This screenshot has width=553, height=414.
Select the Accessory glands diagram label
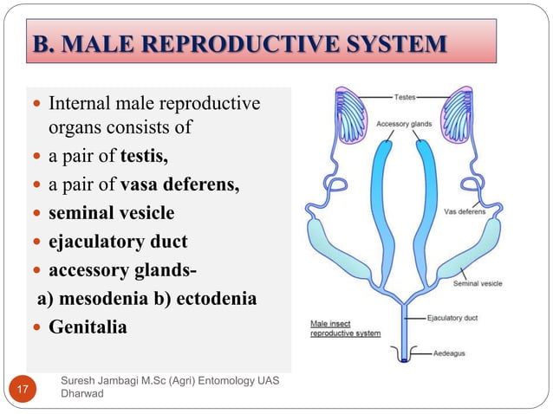pyautogui.click(x=403, y=124)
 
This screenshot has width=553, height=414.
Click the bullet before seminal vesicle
pyautogui.click(x=37, y=214)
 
